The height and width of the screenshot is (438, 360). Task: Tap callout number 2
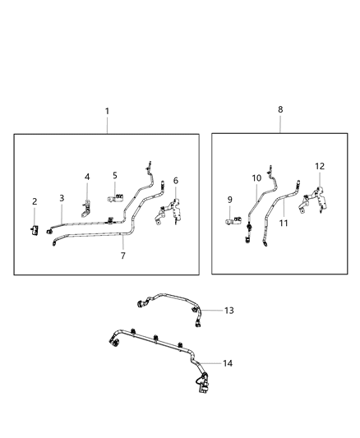coord(35,201)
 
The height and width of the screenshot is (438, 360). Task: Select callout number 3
coord(62,198)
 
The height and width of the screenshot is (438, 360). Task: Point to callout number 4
coord(88,177)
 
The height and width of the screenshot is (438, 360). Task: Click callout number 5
coord(115,175)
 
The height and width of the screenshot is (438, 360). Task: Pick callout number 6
coord(175,181)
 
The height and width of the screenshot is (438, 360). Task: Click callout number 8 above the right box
coord(281,108)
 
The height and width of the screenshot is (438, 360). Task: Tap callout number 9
coord(229,199)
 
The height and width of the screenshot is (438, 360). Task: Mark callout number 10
coord(256,178)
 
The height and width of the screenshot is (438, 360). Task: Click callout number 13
coord(229,311)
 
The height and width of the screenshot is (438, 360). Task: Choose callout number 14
coord(228,363)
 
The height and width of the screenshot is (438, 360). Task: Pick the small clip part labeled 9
coord(231,219)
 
